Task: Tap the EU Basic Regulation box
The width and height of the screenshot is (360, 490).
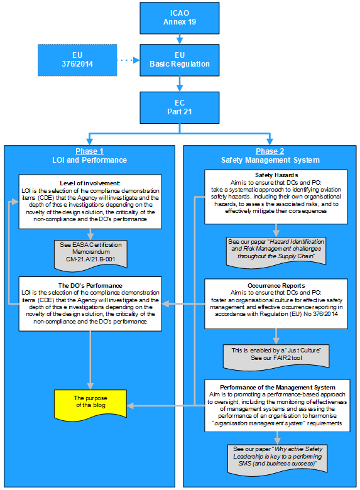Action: click(x=179, y=60)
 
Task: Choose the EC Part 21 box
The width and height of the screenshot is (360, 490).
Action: click(x=179, y=107)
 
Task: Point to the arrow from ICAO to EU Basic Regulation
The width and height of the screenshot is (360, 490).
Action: click(x=179, y=39)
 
